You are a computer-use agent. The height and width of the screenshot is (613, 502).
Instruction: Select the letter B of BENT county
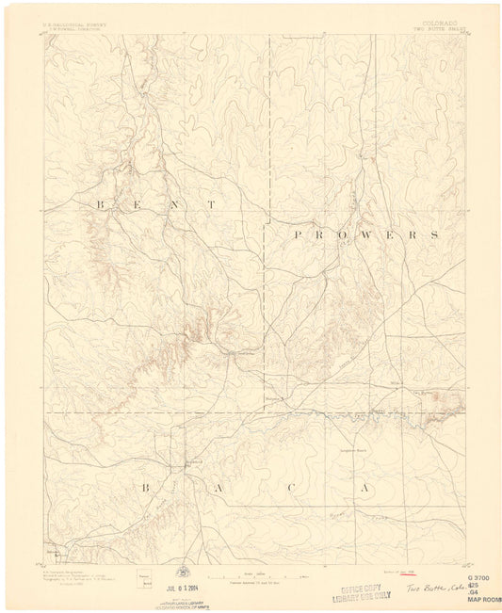click(x=99, y=204)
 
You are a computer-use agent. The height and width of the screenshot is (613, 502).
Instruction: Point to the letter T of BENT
click(x=213, y=204)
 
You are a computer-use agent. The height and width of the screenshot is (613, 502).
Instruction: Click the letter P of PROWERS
click(x=298, y=234)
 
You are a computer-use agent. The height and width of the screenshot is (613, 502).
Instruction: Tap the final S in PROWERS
click(x=435, y=234)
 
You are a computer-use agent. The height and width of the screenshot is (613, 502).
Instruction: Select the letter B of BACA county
click(x=146, y=488)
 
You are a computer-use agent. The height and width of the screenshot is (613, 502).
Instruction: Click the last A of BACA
click(x=364, y=488)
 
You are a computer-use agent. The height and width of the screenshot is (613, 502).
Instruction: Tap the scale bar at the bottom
click(x=251, y=575)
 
